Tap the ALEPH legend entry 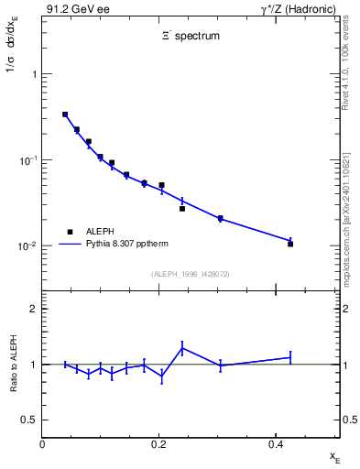click(98, 232)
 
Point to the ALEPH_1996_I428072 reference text click(191, 274)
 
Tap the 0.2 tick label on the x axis click(158, 444)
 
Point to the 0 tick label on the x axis click(42, 444)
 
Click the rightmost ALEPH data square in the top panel click(290, 244)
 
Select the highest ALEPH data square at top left click(65, 115)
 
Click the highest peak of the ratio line click(182, 347)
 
